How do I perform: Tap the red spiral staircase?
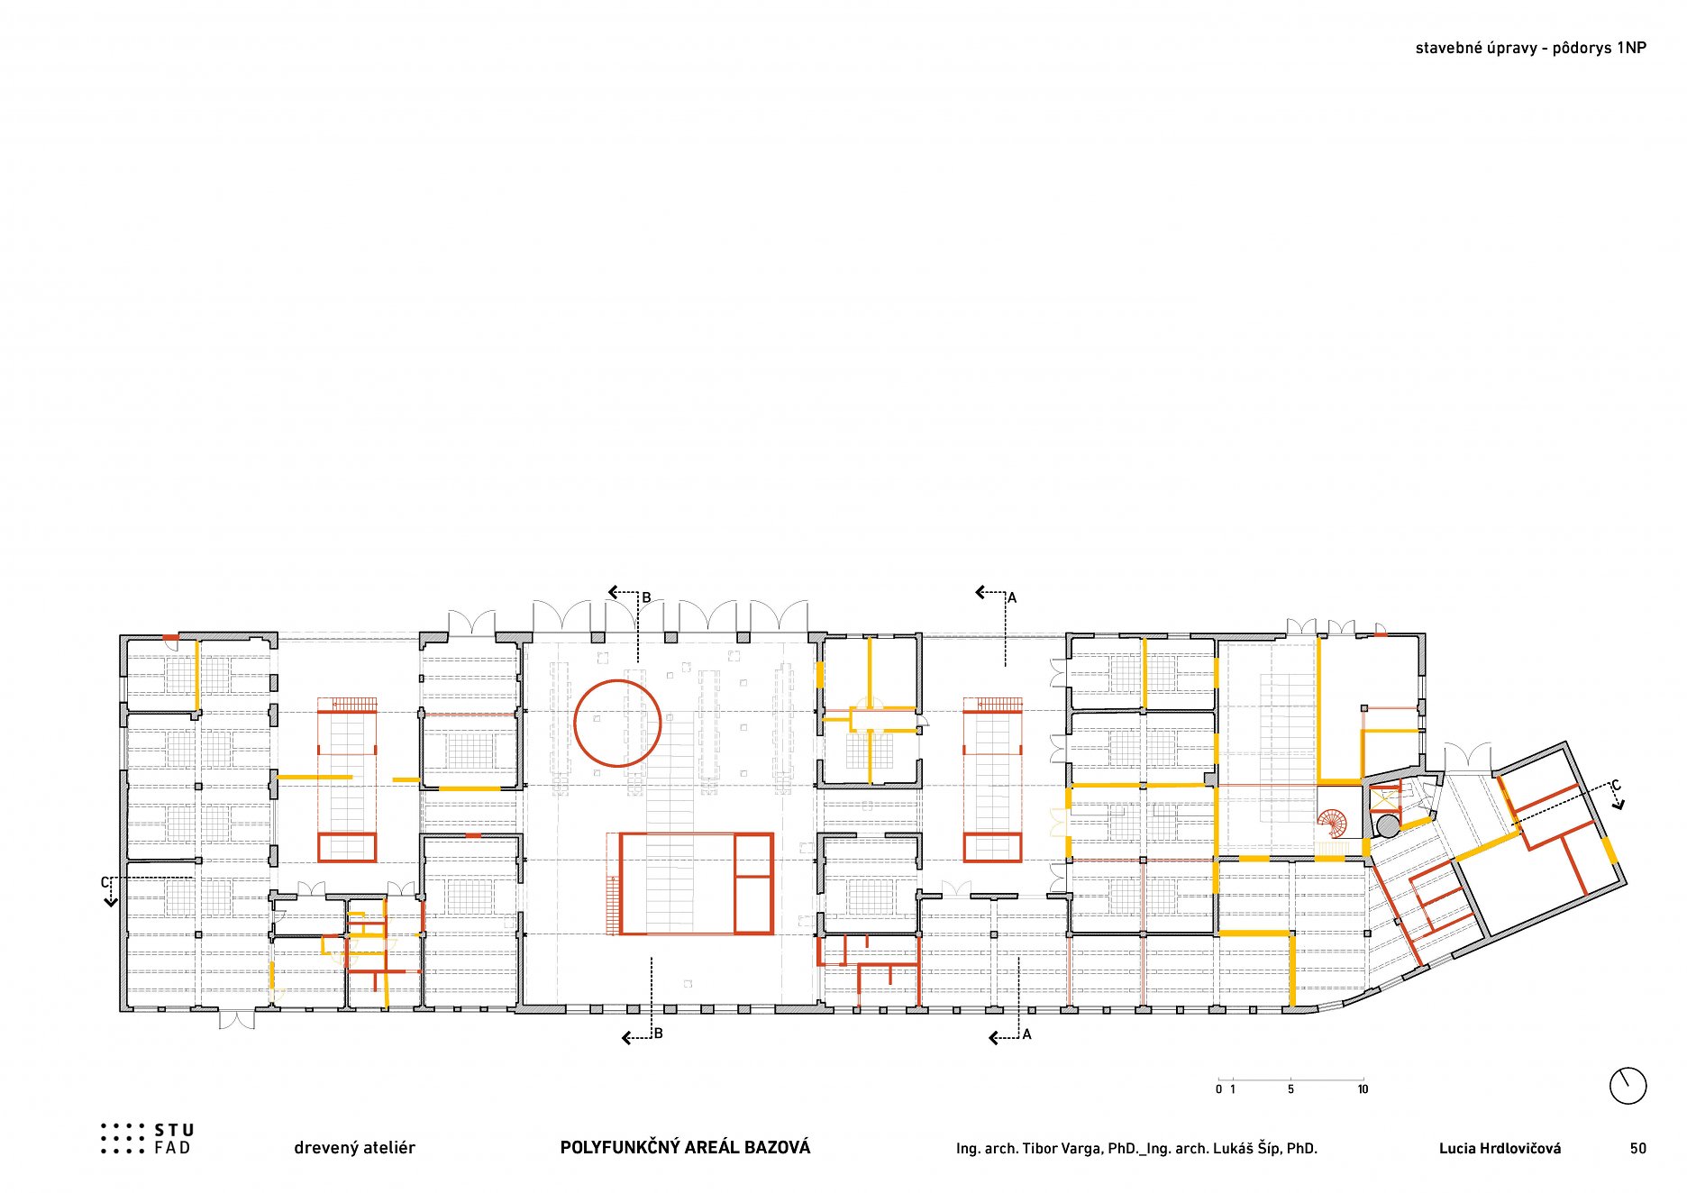1332,824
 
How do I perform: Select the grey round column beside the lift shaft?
1388,825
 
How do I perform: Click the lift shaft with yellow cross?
1383,797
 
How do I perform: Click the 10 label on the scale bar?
1363,1089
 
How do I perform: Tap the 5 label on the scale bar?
1290,1089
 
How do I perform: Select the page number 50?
1637,1148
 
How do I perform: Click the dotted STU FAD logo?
147,1138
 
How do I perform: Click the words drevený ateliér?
354,1148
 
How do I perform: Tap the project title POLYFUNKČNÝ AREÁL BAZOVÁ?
685,1147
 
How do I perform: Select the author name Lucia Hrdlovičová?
1500,1148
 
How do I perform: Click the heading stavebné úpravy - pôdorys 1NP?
1530,49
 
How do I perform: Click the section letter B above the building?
646,597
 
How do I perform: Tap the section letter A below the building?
1026,1034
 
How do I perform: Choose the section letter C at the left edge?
105,882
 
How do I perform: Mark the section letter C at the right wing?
1616,786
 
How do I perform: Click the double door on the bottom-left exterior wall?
236,1019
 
